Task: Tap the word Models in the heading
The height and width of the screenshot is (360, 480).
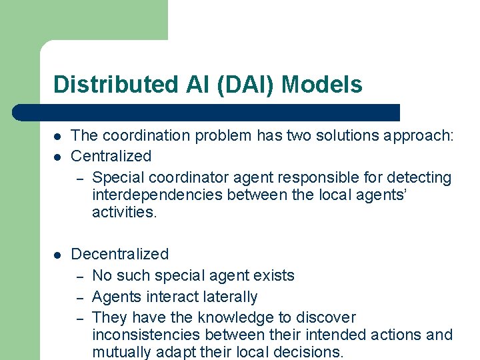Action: point(322,85)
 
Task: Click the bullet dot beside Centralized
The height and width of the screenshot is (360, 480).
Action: point(58,156)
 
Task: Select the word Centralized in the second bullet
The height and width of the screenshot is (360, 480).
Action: point(111,156)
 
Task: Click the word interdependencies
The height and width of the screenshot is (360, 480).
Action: point(157,195)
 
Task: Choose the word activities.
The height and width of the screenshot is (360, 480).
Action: point(123,212)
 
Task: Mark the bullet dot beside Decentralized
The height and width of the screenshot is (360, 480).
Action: point(58,254)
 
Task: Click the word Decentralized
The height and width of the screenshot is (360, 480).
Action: point(119,254)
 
